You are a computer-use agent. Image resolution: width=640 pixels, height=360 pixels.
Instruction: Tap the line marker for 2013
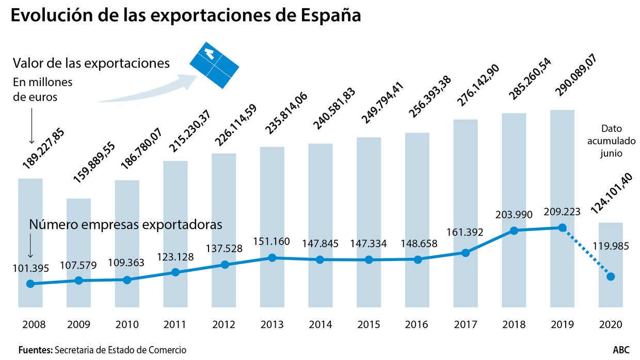coord(272,257)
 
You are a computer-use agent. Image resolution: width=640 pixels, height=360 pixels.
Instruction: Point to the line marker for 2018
coord(514,231)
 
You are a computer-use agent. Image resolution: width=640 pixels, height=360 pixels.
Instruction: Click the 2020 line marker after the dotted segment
coord(611,277)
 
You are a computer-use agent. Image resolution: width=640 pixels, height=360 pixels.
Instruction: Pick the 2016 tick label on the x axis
coord(416,325)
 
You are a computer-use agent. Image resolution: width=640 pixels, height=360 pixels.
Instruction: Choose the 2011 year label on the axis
coord(175,325)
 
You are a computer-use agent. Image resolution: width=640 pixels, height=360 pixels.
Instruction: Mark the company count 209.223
coord(563,212)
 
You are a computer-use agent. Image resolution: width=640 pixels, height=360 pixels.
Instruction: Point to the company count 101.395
coord(30,269)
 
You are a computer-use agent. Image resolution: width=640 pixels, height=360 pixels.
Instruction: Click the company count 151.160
coord(271,241)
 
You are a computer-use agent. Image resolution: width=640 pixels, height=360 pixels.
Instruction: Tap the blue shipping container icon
coord(214,64)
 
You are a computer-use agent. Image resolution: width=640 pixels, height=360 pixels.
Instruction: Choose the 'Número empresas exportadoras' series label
coord(125,225)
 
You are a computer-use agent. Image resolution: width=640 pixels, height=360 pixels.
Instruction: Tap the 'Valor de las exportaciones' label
coord(91,63)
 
